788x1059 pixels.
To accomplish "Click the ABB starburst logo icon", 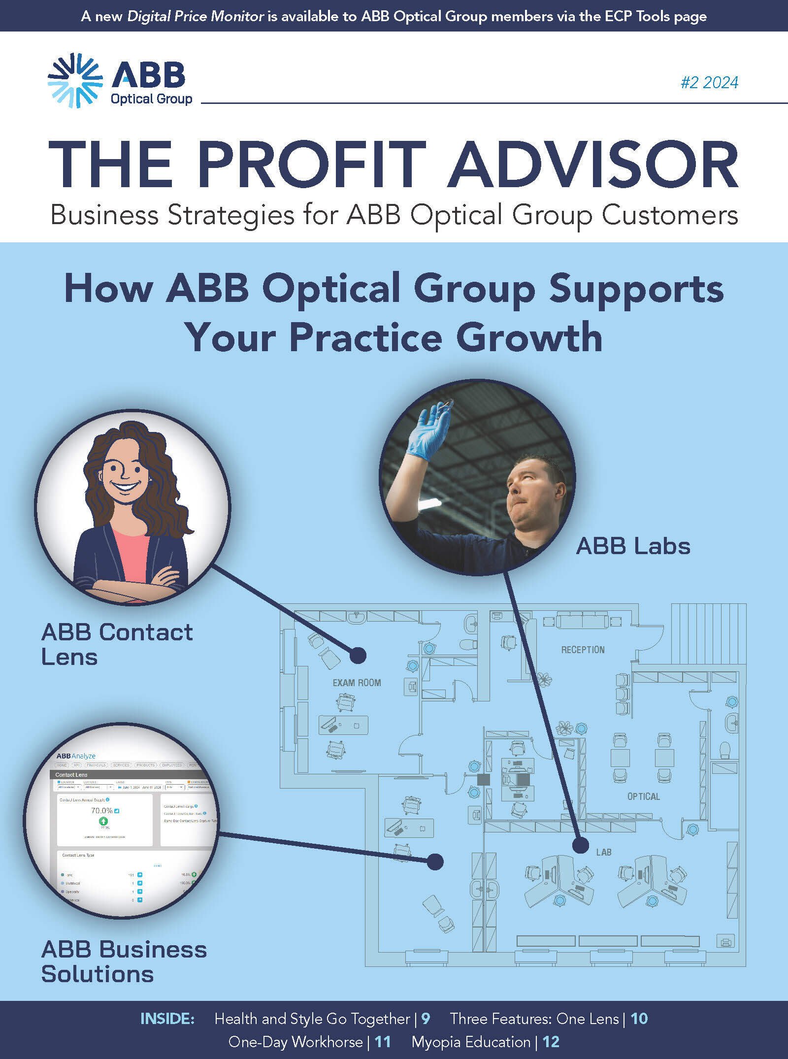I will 75,80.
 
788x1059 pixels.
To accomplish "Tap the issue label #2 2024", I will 709,82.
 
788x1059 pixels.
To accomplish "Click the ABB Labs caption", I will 633,546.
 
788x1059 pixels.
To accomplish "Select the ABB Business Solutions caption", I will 124,961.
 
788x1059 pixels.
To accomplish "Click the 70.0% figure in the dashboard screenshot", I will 102,810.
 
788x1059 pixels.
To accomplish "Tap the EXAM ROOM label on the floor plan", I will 357,683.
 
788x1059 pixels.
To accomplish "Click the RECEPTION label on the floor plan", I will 583,650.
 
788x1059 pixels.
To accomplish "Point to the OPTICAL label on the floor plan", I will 643,796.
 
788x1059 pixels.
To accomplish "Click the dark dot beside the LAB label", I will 581,846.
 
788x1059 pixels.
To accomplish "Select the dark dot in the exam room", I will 358,655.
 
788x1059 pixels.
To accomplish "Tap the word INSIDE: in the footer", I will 167,1019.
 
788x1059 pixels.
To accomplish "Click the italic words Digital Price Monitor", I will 196,16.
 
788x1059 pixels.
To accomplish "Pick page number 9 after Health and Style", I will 426,1019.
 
